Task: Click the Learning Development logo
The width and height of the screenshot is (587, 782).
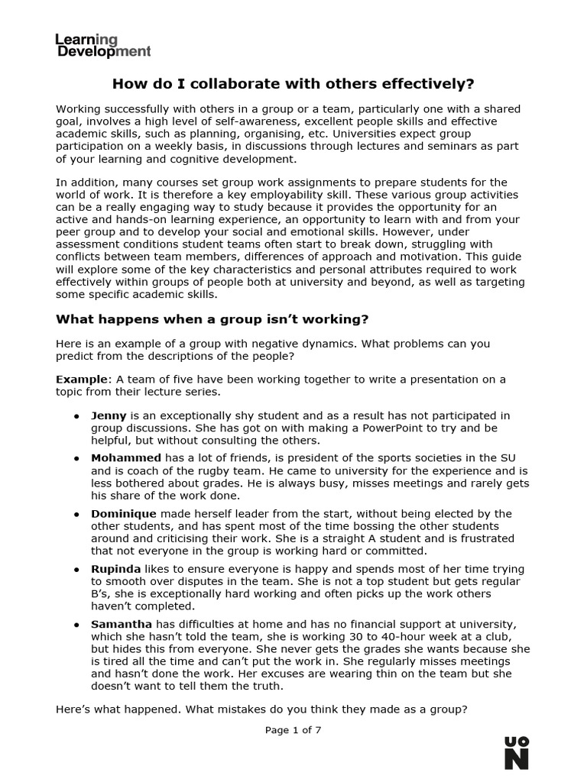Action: click(103, 45)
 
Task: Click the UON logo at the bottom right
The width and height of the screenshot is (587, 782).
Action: click(517, 752)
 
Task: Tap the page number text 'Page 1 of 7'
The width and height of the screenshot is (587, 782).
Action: click(293, 730)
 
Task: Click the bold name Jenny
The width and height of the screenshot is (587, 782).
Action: click(109, 416)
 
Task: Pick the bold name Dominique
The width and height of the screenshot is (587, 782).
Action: click(125, 514)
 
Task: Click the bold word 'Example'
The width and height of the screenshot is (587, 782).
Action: click(83, 380)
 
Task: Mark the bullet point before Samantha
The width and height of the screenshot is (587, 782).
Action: click(76, 625)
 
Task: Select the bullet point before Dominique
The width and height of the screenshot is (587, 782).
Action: click(76, 515)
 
